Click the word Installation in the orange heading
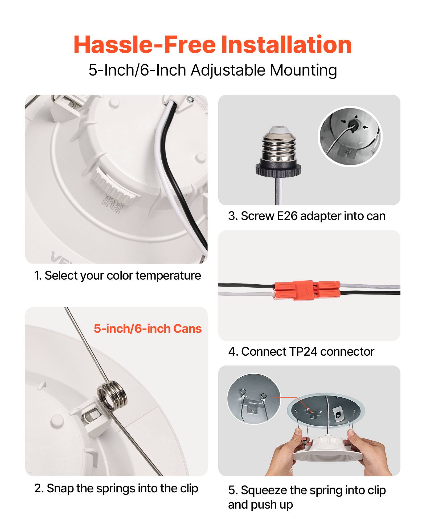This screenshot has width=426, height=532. [x=286, y=45]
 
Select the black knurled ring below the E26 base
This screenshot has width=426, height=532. [x=278, y=170]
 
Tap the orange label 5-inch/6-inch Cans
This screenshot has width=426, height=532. [x=148, y=329]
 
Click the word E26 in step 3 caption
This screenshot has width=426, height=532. [x=287, y=216]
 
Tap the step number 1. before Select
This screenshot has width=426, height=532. [x=38, y=276]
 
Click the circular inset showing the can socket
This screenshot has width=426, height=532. [x=350, y=136]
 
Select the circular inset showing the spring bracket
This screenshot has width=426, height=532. [x=253, y=398]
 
